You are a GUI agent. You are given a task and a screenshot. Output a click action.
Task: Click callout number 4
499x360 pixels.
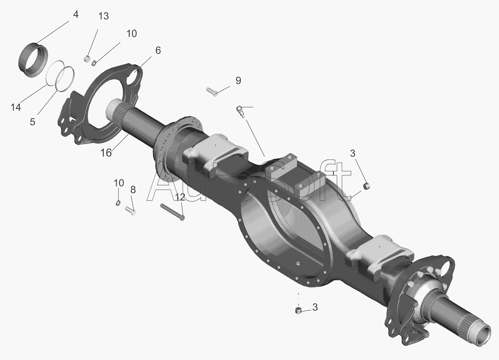(75, 15)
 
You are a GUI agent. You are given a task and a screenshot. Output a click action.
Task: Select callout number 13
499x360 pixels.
(103, 16)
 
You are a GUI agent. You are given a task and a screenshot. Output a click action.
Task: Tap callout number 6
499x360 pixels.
(158, 50)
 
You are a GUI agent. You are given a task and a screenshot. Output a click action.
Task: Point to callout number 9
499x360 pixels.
(238, 81)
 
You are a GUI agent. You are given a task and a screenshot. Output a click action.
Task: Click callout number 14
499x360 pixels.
(16, 107)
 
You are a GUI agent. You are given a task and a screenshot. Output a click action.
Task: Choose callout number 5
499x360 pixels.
(33, 122)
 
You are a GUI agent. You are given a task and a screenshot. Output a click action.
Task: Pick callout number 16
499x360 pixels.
(106, 153)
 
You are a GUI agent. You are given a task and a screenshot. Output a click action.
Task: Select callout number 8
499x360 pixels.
(133, 190)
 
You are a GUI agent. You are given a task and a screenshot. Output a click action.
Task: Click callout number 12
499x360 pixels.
(180, 197)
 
